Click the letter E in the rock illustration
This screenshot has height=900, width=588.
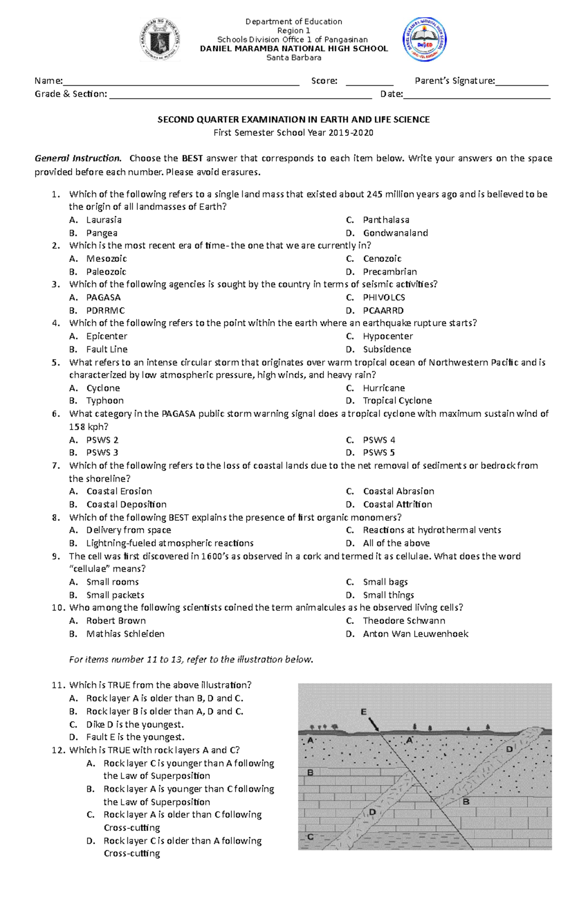[363, 712]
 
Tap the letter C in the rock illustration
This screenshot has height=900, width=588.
[310, 837]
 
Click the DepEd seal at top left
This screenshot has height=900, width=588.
[160, 40]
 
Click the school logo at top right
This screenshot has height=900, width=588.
[424, 40]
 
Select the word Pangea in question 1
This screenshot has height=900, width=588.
[101, 233]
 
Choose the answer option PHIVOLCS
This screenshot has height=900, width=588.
[384, 297]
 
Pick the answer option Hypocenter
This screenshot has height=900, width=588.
[388, 336]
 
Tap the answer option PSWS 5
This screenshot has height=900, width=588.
[379, 452]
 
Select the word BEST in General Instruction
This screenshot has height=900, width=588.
[193, 158]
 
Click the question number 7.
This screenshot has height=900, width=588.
[55, 465]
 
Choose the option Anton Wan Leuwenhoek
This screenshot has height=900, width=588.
[416, 634]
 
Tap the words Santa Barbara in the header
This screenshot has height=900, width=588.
[294, 57]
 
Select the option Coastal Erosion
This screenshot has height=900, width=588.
[119, 491]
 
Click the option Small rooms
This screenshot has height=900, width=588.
[112, 582]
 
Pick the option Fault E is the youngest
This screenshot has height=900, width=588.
[135, 737]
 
